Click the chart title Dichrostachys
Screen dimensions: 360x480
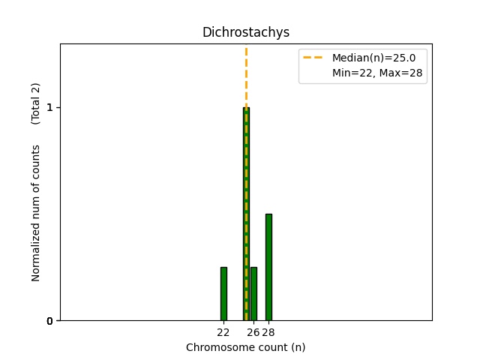[x=245, y=33]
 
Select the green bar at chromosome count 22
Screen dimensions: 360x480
[x=223, y=293]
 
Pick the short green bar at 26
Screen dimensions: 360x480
[x=253, y=293]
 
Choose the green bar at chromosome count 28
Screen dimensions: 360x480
[x=268, y=267]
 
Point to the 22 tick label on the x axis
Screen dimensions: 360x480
[x=223, y=332]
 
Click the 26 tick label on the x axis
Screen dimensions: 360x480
[x=253, y=332]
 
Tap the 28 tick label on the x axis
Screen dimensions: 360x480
[x=268, y=332]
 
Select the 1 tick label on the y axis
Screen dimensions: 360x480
[x=49, y=108]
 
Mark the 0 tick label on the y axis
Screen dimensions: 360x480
[x=49, y=321]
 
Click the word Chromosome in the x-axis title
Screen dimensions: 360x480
[x=217, y=347]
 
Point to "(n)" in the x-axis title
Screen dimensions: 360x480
[x=298, y=347]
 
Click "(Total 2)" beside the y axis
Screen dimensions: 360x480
[x=36, y=103]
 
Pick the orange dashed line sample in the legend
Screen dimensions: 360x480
[x=313, y=57]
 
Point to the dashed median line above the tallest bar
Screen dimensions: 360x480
[x=246, y=75]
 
